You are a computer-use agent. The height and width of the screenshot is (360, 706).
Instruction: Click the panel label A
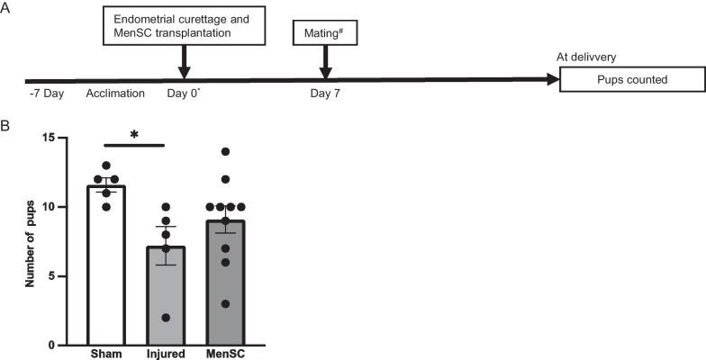7,7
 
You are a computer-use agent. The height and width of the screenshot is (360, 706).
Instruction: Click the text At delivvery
589,57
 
